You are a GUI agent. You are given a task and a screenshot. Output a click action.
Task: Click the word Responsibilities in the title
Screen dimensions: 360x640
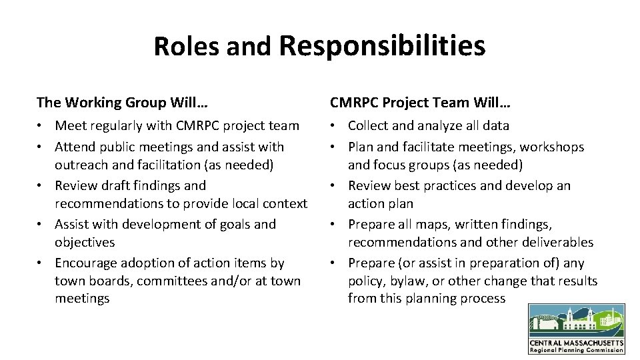pos(382,46)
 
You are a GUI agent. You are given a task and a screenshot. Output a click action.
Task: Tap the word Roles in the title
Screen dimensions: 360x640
pos(187,46)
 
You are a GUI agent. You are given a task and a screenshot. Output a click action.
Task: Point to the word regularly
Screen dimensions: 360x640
pos(119,125)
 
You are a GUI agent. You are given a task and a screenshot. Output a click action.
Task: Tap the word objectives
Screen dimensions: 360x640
pos(85,242)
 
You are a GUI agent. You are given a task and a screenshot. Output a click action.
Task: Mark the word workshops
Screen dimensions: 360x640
pos(552,147)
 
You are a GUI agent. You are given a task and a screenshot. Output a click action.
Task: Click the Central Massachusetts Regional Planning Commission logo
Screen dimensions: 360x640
pos(577,329)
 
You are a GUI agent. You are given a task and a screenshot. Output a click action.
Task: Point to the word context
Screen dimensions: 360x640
pos(284,203)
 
